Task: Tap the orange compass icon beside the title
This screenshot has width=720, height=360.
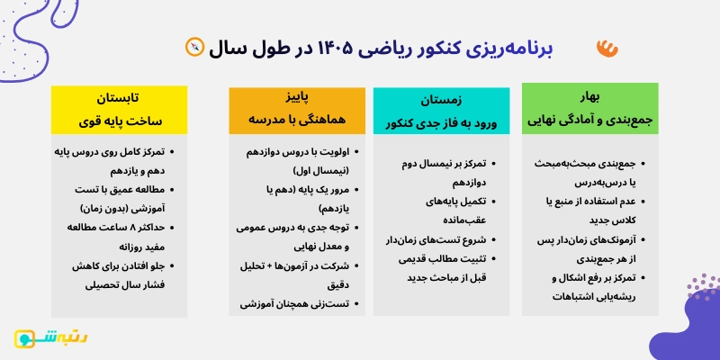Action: coord(193,46)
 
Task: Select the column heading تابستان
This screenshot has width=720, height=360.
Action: coord(118,96)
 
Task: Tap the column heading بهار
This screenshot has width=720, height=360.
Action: coord(590,94)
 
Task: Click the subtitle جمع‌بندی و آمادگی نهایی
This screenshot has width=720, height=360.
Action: coord(589,116)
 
